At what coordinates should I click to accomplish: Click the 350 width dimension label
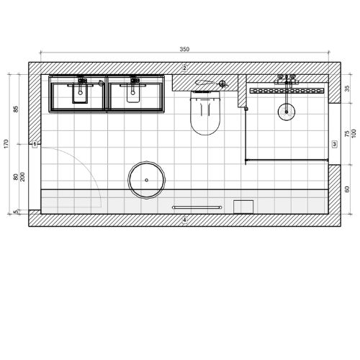tap(184, 49)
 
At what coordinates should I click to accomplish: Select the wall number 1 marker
tap(35, 144)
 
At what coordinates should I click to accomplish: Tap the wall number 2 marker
tap(184, 68)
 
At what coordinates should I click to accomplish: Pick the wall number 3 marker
tap(334, 144)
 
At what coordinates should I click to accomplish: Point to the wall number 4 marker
tap(184, 220)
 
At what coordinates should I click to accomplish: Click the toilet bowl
tap(205, 113)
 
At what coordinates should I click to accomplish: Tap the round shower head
tap(287, 112)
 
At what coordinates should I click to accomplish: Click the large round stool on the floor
tap(147, 180)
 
